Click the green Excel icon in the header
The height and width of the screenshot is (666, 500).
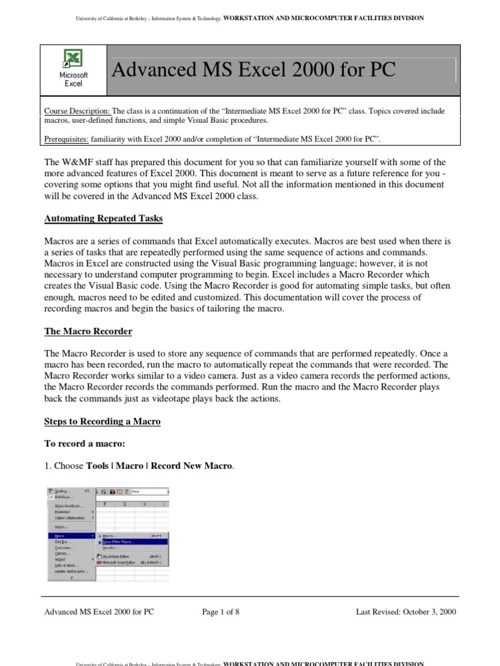point(73,59)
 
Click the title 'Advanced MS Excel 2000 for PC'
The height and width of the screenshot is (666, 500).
point(254,70)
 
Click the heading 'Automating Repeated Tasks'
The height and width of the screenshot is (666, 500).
point(104,219)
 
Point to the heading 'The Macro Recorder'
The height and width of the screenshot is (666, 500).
point(88,332)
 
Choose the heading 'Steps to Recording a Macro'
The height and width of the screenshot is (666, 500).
point(102,421)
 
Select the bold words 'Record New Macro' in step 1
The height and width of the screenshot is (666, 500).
point(191,466)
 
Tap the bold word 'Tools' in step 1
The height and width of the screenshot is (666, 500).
point(98,466)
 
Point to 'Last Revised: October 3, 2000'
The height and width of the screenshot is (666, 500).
point(406,612)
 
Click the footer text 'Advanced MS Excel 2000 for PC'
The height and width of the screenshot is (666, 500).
point(99,612)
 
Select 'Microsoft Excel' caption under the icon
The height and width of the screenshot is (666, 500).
point(73,79)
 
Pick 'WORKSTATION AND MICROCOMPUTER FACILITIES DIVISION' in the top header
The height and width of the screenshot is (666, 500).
point(324,18)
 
